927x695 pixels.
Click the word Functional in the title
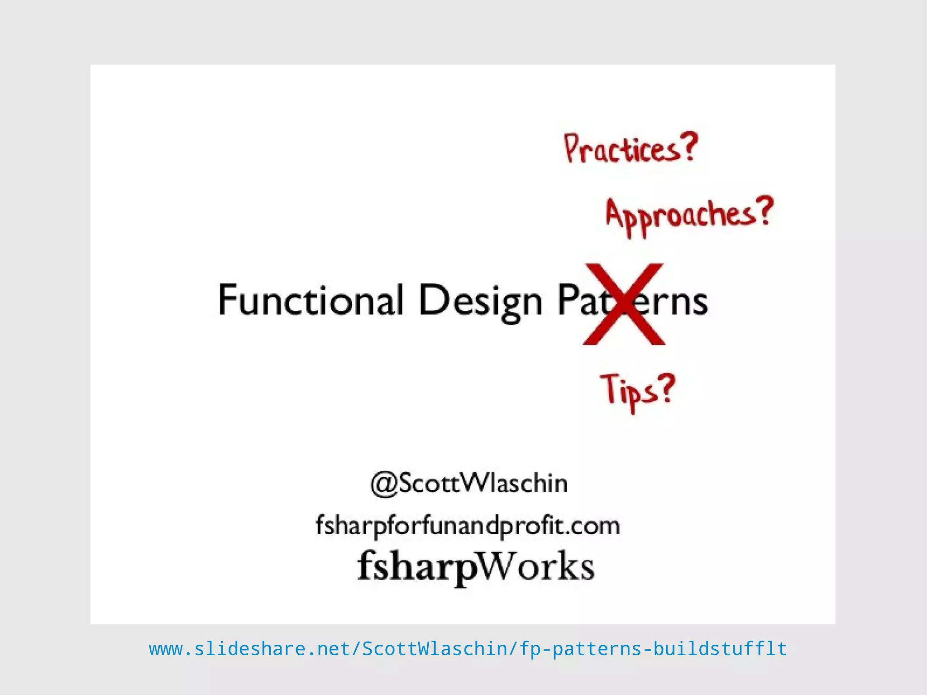click(x=310, y=299)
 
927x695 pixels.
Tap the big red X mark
click(x=624, y=304)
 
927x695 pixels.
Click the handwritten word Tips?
click(x=638, y=390)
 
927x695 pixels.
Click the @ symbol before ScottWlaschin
click(x=384, y=484)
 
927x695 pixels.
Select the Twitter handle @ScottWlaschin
click(x=469, y=483)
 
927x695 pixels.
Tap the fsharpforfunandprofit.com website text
click(x=468, y=526)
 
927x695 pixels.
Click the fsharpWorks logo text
click(x=475, y=566)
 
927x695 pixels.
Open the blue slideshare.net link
click(x=468, y=649)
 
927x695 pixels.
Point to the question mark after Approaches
click(x=765, y=211)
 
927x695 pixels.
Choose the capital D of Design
click(x=431, y=299)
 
